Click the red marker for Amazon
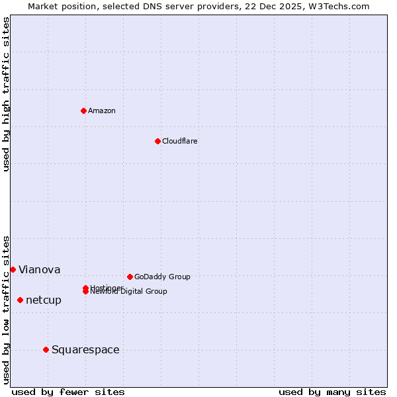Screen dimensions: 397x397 click(83, 110)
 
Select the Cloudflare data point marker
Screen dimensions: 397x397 click(157, 141)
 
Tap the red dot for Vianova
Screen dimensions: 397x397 click(13, 269)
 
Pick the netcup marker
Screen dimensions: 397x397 click(20, 300)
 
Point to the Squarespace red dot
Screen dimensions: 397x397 click(46, 349)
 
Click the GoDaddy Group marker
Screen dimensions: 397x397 click(130, 277)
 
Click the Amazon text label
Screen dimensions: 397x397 click(102, 110)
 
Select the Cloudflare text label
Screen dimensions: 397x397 click(179, 141)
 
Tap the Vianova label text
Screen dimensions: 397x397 click(39, 269)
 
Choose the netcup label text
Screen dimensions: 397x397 click(44, 300)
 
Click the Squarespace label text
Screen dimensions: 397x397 click(85, 349)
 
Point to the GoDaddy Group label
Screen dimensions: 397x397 click(162, 277)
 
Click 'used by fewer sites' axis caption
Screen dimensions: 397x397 click(68, 392)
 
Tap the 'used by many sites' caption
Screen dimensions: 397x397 click(332, 392)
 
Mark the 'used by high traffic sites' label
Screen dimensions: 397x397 click(6, 94)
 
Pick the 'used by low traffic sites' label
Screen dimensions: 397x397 click(6, 310)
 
